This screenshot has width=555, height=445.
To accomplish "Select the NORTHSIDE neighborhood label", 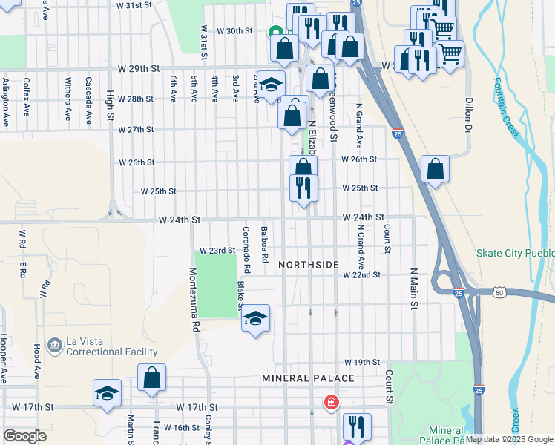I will [309, 265].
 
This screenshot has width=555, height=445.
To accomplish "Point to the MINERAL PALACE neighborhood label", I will [308, 378].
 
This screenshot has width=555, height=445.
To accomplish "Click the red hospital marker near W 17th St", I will [331, 403].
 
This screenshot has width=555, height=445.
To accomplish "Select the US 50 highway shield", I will [499, 294].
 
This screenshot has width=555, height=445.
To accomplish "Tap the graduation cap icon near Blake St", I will [255, 318].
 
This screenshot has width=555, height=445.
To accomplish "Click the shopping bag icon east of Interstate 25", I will [435, 169].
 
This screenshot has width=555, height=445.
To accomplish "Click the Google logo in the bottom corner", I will [25, 436].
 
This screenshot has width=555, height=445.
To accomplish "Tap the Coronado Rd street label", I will [246, 248].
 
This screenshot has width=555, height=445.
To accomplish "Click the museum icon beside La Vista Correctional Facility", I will [54, 346].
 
